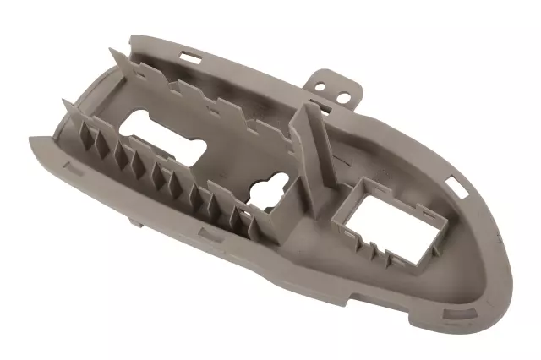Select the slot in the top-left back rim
point(188,57)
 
